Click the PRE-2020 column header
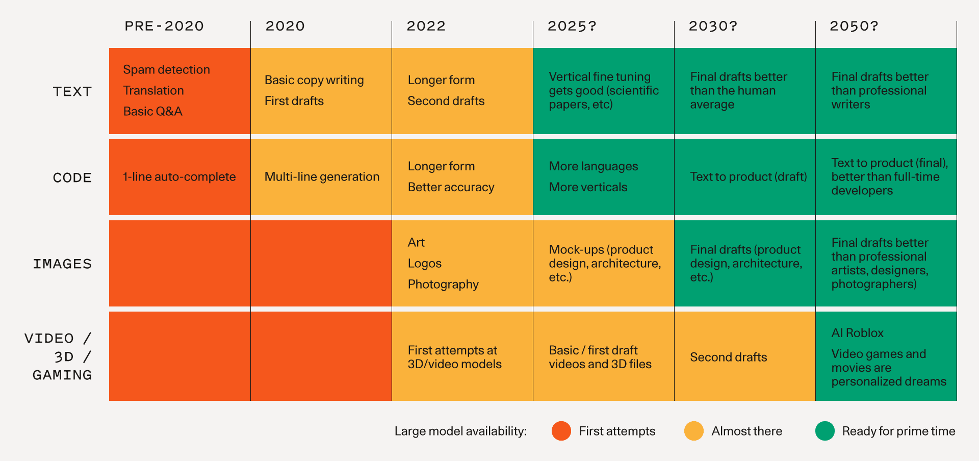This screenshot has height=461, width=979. [164, 26]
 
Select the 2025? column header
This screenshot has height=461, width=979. [572, 26]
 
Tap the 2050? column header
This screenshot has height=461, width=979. [854, 26]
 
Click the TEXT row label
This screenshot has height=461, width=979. [72, 92]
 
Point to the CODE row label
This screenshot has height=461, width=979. [72, 178]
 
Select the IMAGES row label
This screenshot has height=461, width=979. [62, 264]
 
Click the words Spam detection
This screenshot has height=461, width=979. [166, 70]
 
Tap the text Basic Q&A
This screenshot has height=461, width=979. [152, 112]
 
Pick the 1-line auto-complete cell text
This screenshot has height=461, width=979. [179, 177]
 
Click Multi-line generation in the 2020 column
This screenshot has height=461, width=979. [322, 177]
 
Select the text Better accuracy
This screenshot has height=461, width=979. [451, 188]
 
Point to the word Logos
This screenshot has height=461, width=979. [424, 264]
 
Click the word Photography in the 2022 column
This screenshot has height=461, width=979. [443, 285]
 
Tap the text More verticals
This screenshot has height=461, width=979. [588, 188]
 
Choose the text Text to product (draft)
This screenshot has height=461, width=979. [748, 177]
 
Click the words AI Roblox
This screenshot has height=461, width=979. [857, 333]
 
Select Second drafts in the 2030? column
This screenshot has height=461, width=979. [728, 357]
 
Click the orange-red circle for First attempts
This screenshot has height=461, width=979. [561, 431]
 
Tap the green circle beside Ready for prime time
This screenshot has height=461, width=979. [825, 431]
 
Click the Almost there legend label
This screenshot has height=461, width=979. [746, 431]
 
